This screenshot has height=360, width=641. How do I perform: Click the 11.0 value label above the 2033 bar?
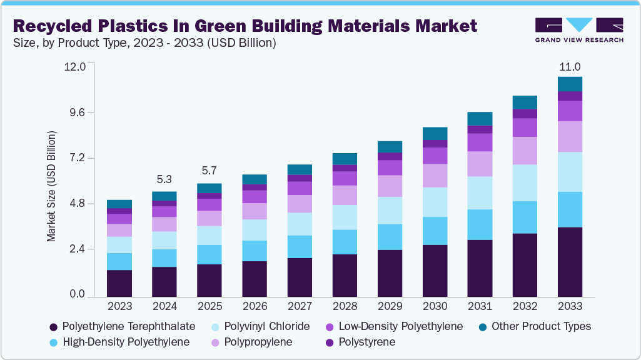point(570,67)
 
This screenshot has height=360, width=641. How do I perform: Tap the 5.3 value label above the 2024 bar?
point(164,179)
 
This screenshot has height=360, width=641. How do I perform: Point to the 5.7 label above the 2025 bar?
point(209,171)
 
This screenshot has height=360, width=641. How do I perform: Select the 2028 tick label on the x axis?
point(345,306)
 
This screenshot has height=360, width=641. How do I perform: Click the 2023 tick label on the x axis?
point(119,306)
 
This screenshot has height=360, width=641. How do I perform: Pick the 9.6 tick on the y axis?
point(81,112)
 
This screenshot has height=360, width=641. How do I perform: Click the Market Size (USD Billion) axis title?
point(51,186)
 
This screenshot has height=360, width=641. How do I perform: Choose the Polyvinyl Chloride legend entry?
point(271,326)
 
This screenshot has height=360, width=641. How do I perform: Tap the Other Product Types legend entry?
point(541,326)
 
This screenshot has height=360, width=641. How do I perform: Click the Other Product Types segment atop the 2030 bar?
point(435,133)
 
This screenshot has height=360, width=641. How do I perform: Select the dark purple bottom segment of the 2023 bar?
point(119,283)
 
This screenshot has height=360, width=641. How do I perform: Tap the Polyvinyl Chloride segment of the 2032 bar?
point(525,182)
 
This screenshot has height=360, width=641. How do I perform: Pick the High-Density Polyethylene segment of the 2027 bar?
point(300,246)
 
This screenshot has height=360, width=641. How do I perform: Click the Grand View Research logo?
point(578,29)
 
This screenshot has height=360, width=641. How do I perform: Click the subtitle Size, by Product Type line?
point(144,43)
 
